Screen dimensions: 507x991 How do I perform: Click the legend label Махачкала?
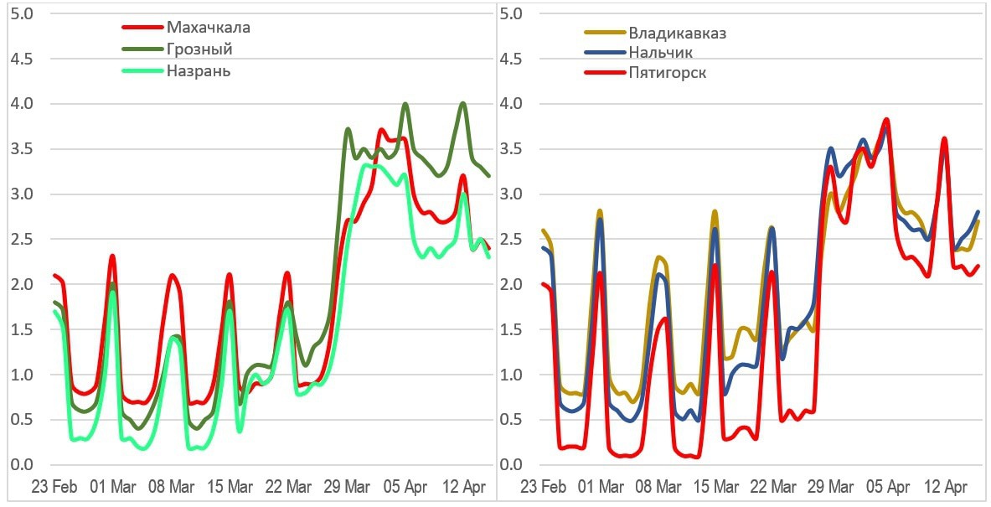[x=209, y=28]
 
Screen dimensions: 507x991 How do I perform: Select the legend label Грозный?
[x=199, y=49]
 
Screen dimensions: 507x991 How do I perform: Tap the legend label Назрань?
[x=199, y=71]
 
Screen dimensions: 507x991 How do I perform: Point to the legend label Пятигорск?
[x=668, y=73]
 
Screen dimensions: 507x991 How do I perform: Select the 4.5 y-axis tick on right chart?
[x=511, y=59]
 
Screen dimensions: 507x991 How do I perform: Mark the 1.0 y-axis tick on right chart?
[x=511, y=375]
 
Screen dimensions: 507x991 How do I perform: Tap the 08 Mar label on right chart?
[x=658, y=487]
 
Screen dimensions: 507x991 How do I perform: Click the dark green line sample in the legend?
[x=141, y=49]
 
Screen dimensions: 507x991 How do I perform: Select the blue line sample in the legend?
[x=604, y=53]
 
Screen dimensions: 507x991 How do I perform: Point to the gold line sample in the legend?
[x=604, y=34]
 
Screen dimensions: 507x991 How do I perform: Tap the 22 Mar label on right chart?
[x=772, y=487]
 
